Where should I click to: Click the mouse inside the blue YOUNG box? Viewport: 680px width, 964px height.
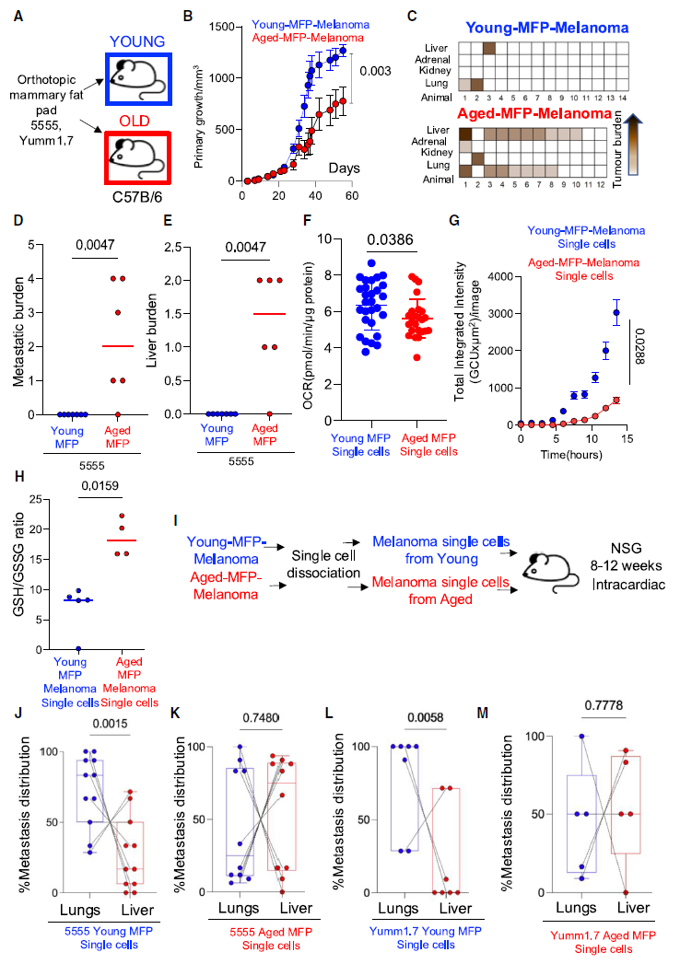click(x=136, y=78)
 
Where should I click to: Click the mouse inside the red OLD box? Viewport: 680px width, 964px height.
click(x=136, y=157)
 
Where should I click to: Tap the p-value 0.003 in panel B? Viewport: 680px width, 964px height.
click(x=375, y=71)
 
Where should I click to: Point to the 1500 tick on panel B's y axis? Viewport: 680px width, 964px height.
click(x=221, y=27)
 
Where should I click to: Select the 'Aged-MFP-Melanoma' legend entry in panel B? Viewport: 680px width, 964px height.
click(x=308, y=38)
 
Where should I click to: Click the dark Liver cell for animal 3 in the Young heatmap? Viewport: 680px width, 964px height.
click(x=489, y=48)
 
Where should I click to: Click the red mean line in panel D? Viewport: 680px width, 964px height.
click(x=118, y=346)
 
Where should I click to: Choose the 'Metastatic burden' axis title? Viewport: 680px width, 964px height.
click(x=18, y=332)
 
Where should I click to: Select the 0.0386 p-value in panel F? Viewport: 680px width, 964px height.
click(x=391, y=239)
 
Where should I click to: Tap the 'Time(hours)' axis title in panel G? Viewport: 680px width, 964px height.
click(x=571, y=455)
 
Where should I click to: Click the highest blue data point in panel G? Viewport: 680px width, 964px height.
click(x=616, y=313)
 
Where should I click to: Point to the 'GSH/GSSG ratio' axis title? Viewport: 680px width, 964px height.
click(x=18, y=565)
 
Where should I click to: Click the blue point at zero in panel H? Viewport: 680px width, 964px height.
click(x=78, y=648)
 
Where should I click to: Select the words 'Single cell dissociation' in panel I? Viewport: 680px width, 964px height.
click(x=323, y=564)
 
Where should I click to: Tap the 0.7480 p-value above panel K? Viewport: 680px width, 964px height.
click(x=262, y=717)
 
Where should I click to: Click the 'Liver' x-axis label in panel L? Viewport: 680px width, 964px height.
click(x=455, y=909)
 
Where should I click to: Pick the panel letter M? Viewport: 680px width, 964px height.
click(x=483, y=713)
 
